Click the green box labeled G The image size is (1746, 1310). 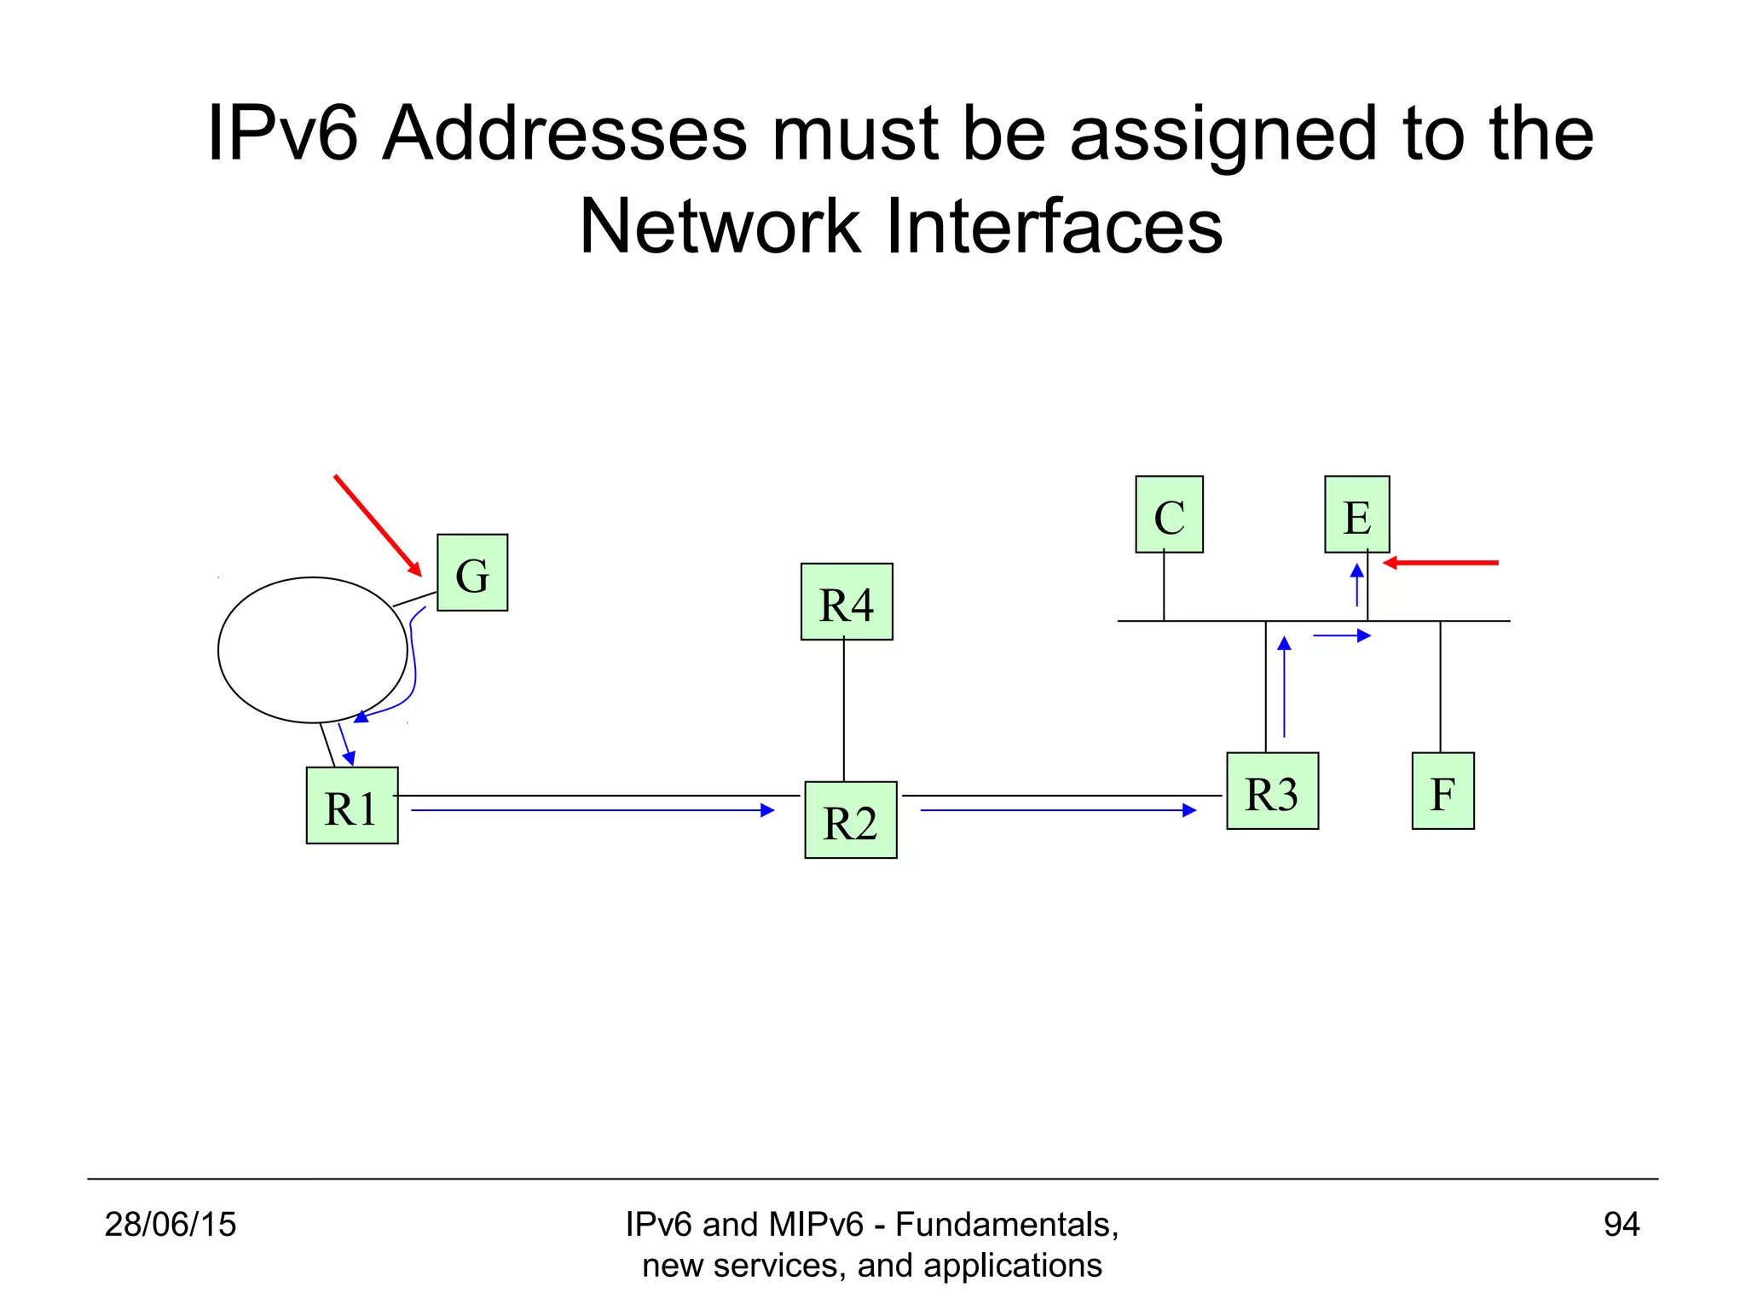pos(472,572)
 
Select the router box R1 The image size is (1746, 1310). pos(352,805)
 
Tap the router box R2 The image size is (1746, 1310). pos(850,820)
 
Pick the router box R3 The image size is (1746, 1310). pos(1272,791)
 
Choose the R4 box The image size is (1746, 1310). pos(847,601)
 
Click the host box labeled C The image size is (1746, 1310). pos(1169,514)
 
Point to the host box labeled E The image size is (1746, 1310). pos(1356,514)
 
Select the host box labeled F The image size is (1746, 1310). pos(1442,791)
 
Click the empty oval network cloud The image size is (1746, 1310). pos(312,650)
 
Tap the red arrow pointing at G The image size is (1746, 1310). pos(378,525)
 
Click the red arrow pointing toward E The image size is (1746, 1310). pos(1441,563)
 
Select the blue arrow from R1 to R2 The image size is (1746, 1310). pos(593,810)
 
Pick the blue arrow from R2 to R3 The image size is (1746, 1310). pos(1058,810)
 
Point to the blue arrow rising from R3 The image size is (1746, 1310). pos(1284,687)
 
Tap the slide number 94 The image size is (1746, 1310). pos(1621,1224)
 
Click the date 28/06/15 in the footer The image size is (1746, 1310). pos(170,1224)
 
